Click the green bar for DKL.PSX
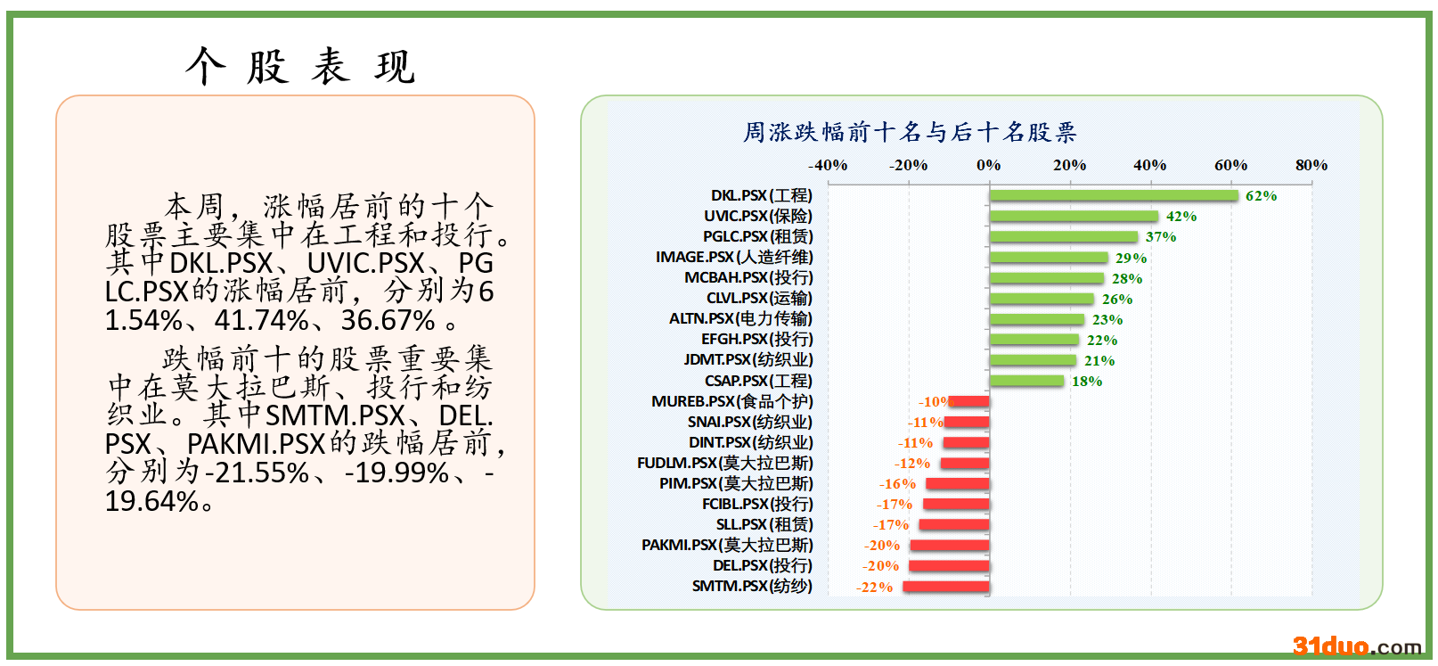click(x=1113, y=196)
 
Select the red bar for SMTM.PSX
click(x=945, y=587)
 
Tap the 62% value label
click(x=1261, y=196)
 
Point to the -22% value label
click(x=874, y=587)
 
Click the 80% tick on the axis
click(x=1311, y=165)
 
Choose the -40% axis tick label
click(x=827, y=165)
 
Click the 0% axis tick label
click(x=988, y=165)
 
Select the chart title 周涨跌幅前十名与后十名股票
click(x=910, y=133)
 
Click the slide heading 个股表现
click(x=300, y=67)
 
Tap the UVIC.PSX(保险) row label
click(x=757, y=216)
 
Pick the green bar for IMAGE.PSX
click(x=1048, y=258)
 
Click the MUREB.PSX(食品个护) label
click(x=731, y=401)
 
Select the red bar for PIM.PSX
click(x=957, y=484)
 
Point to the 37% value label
click(x=1160, y=237)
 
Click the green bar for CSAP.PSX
click(x=1026, y=382)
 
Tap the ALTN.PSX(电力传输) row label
click(x=740, y=318)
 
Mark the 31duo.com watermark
click(x=1356, y=646)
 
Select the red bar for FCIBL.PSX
click(x=955, y=505)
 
